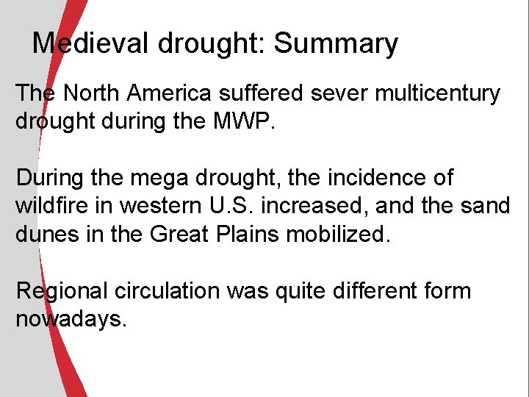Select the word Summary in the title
336,44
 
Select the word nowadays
71,320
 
